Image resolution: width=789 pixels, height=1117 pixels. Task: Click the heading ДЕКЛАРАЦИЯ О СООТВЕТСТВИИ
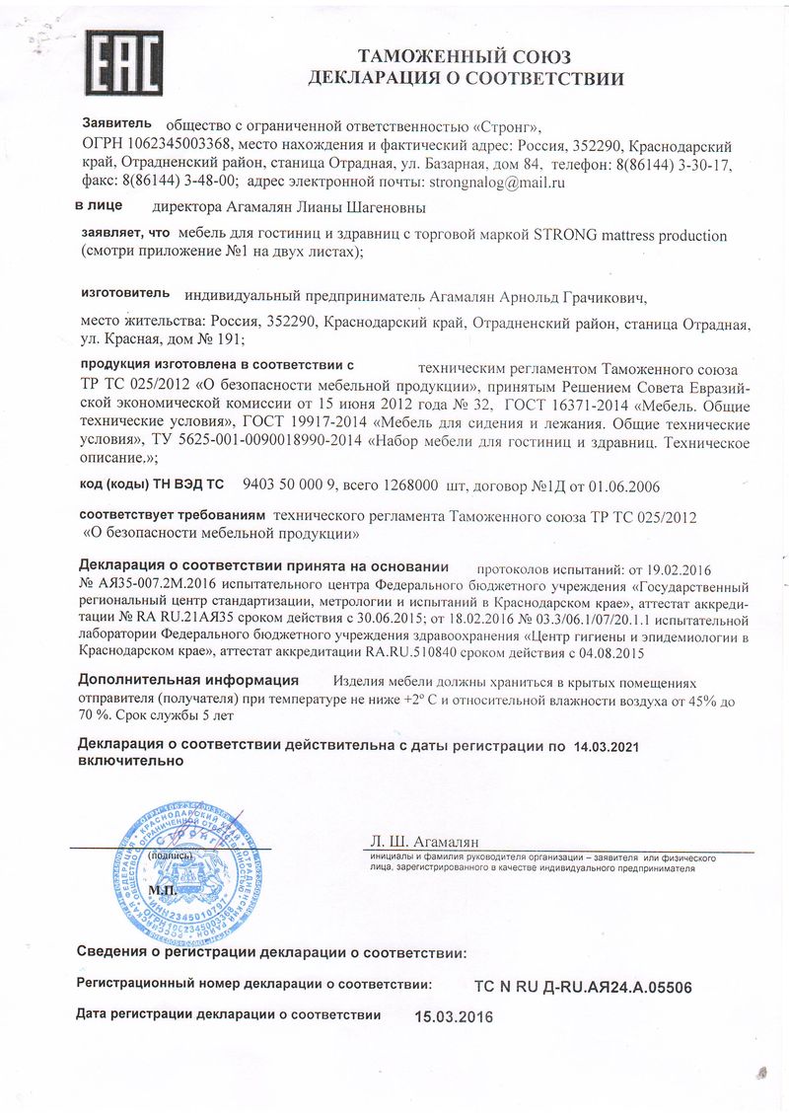466,78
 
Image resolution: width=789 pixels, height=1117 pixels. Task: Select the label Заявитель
116,124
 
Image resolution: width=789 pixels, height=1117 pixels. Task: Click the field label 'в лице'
99,206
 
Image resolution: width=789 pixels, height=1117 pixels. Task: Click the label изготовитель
124,294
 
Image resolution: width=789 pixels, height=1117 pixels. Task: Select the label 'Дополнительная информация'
188,680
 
